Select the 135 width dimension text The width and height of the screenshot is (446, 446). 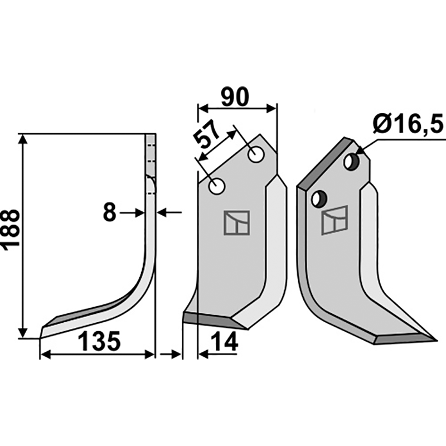[99, 341]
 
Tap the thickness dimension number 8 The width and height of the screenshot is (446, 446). [109, 212]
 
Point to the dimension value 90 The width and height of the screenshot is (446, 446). [235, 97]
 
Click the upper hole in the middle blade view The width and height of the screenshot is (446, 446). [256, 155]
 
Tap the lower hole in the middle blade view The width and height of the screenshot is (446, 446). [217, 187]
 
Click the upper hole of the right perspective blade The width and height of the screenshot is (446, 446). [351, 162]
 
